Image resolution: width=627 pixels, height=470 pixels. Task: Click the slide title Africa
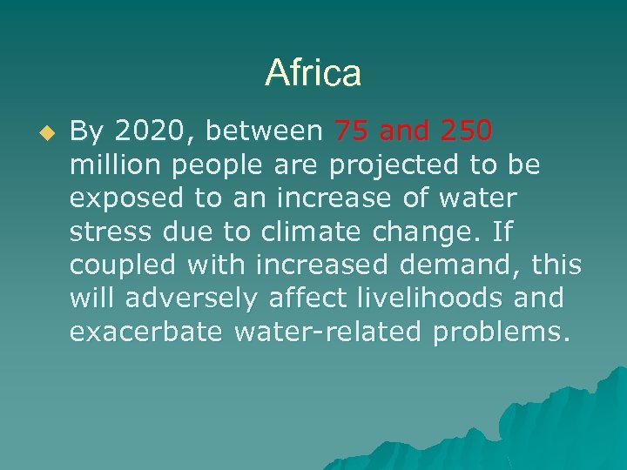tap(313, 73)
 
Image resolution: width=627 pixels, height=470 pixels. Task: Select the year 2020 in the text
tap(152, 131)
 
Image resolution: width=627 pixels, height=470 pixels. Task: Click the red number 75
tap(351, 131)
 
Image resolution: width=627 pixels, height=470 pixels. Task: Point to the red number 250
tap(467, 131)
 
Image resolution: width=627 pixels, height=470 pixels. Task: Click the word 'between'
tap(264, 131)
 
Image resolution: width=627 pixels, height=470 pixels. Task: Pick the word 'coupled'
tap(123, 266)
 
